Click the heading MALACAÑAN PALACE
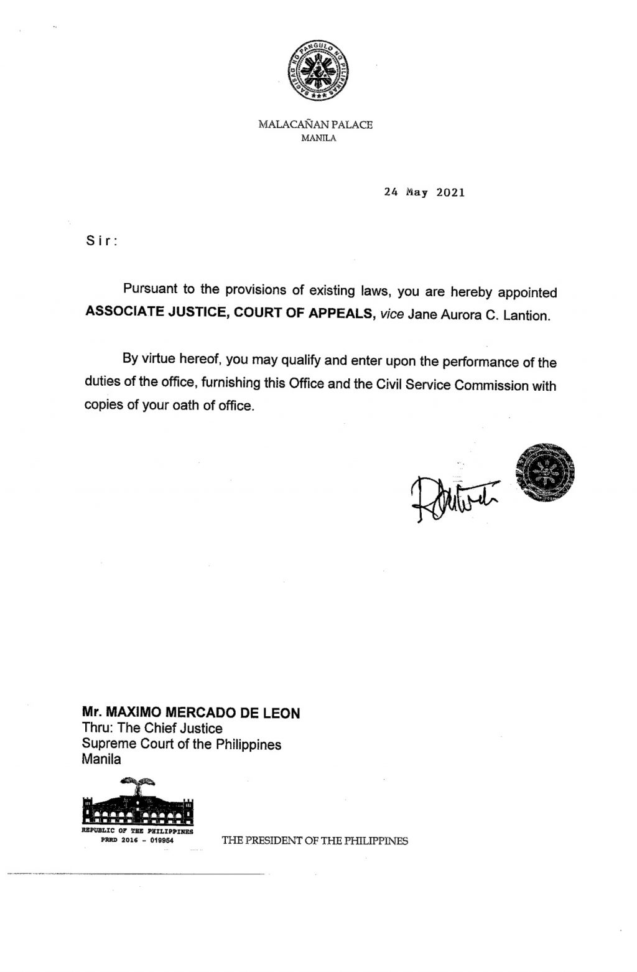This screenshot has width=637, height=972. click(x=315, y=124)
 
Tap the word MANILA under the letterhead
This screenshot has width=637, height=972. click(x=318, y=138)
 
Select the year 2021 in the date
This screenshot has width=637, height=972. click(x=450, y=192)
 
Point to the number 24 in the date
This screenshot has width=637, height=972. click(x=391, y=192)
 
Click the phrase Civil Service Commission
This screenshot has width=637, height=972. click(x=450, y=385)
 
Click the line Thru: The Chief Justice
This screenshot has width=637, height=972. click(x=152, y=728)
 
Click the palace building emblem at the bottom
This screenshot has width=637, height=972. click(x=138, y=802)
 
